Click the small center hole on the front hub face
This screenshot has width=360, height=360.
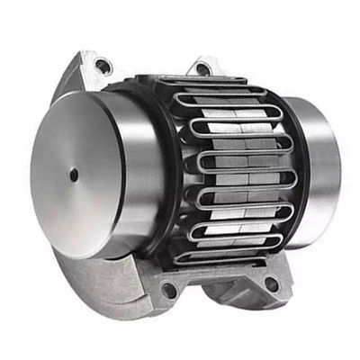pyautogui.click(x=73, y=175)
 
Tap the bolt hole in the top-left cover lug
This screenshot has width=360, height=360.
pyautogui.click(x=103, y=66)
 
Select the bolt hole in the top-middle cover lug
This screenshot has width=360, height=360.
pyautogui.click(x=202, y=67)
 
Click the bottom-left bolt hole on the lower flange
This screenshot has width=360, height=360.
pyautogui.click(x=168, y=291)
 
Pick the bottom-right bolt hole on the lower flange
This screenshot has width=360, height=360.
pyautogui.click(x=271, y=284)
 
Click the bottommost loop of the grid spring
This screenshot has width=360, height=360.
pyautogui.click(x=225, y=256)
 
